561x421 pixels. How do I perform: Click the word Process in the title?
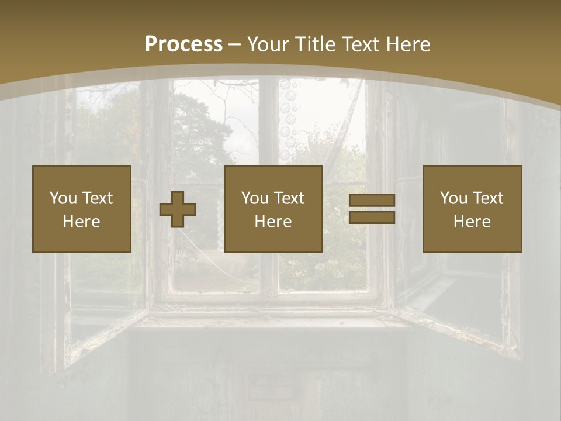[x=183, y=44]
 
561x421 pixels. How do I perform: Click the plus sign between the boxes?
[x=178, y=209]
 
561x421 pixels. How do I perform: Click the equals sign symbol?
[x=372, y=209]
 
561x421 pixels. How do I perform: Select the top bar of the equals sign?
[x=372, y=201]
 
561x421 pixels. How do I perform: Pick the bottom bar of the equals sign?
[x=372, y=218]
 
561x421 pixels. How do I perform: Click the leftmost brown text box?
[x=81, y=209]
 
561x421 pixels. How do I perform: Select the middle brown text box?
[x=273, y=209]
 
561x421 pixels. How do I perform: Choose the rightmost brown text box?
[x=472, y=209]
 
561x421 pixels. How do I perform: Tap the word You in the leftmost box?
[x=63, y=198]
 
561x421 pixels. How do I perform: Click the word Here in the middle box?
[x=273, y=222]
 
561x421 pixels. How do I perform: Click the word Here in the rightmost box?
[x=472, y=222]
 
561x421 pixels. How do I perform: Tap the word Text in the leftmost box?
[x=97, y=198]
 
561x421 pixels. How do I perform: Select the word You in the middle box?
[x=255, y=198]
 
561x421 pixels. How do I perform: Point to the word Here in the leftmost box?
[x=81, y=222]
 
